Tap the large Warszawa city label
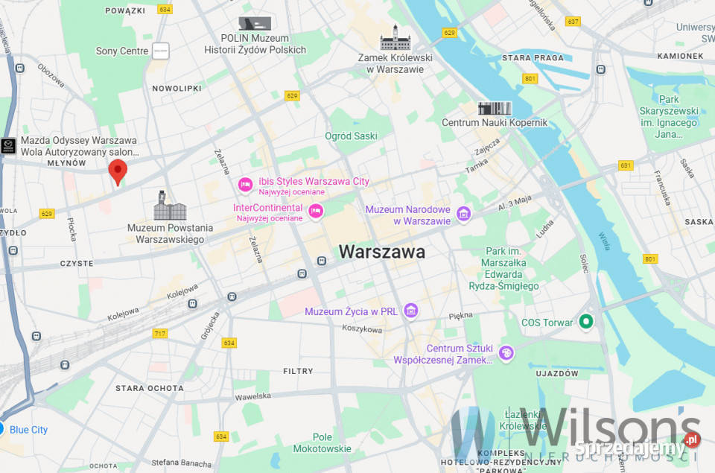(382, 252)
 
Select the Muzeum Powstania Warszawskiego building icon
(170, 206)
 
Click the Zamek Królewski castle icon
(390, 38)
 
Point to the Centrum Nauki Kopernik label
(495, 122)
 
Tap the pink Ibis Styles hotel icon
(245, 184)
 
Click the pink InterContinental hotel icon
(316, 212)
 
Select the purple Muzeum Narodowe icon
(463, 215)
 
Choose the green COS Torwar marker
(586, 322)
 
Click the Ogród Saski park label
(351, 136)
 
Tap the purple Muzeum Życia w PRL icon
(410, 311)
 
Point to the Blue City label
(29, 430)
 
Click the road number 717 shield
(159, 333)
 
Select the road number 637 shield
(572, 22)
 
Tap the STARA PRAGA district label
(533, 57)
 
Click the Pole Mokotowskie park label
(322, 443)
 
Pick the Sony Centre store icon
(160, 51)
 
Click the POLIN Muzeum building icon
(255, 23)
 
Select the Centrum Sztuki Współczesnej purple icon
(506, 353)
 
